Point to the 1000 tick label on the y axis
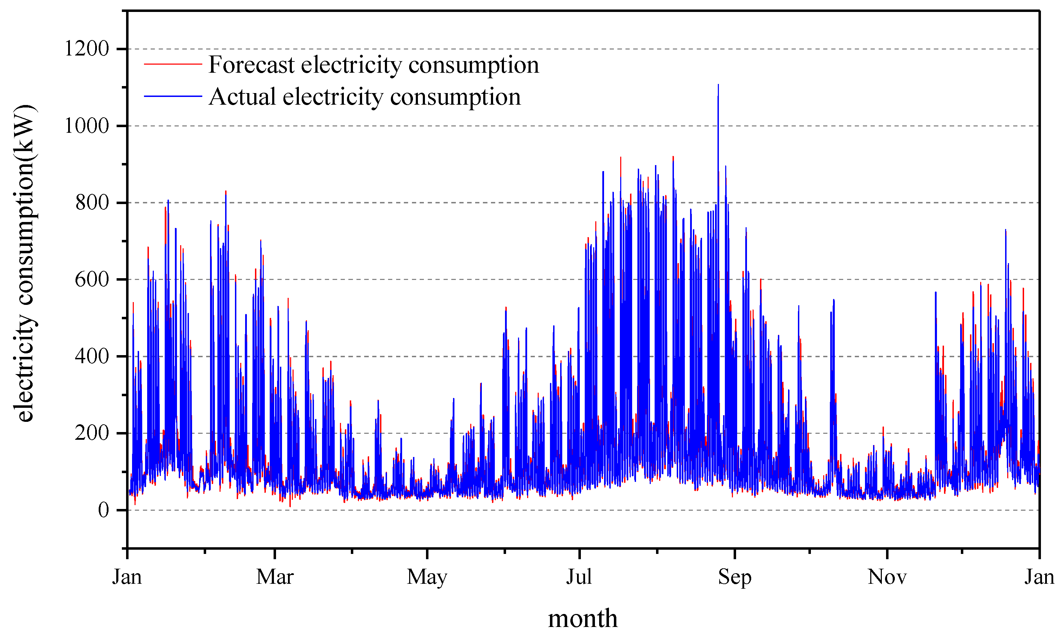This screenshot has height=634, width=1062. point(87,126)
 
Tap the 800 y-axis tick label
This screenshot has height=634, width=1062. point(92,203)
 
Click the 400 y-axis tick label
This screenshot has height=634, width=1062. point(92,356)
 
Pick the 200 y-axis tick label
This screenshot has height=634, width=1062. point(92,433)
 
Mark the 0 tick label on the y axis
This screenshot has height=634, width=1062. point(103,510)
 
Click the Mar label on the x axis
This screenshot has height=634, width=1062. point(275,577)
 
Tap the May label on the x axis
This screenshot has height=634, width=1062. point(427,577)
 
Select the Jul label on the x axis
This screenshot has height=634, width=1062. point(579,577)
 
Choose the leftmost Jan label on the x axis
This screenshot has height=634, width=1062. point(127,577)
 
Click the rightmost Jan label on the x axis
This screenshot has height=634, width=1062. point(1039,577)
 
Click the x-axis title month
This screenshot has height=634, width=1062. point(583,618)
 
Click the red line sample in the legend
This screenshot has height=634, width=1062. point(173,64)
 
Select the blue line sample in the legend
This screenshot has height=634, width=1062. point(173,97)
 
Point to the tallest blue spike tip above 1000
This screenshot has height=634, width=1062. point(718,85)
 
